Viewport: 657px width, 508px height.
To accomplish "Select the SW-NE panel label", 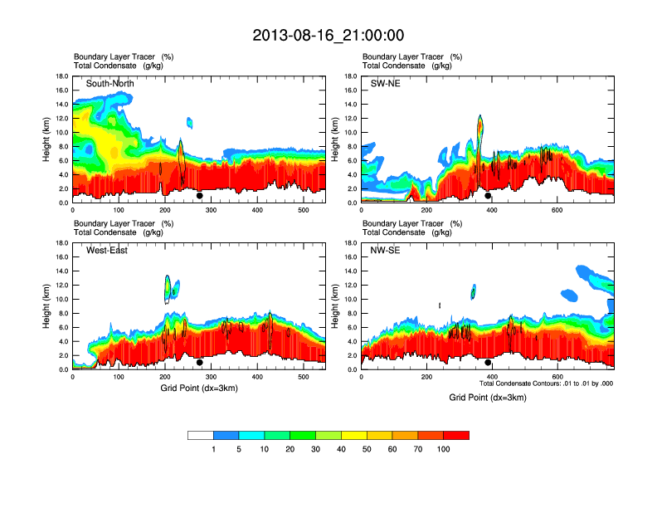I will (x=385, y=84).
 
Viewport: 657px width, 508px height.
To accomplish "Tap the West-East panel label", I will (x=105, y=252).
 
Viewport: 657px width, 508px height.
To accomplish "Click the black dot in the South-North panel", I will (x=200, y=196).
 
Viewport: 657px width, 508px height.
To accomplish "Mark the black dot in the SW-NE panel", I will (x=488, y=196).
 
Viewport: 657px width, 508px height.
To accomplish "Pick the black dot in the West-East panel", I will (x=200, y=363).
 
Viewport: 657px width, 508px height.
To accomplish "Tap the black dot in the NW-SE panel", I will (x=488, y=363).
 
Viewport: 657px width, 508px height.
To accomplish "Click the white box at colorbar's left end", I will (x=201, y=435).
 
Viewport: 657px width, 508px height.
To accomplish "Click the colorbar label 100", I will (x=444, y=449).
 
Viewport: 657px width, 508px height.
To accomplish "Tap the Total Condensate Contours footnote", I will (x=547, y=384).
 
